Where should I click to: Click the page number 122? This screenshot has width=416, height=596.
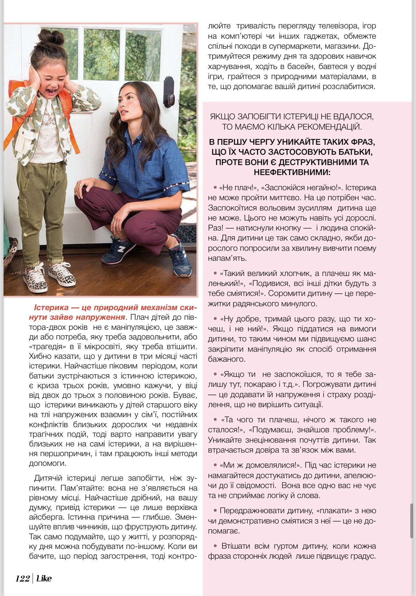coord(22,578)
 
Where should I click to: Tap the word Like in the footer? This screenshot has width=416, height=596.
coord(44,578)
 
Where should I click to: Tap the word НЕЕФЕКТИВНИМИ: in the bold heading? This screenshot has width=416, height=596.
coord(292,172)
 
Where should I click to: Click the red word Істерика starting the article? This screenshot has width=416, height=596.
coord(51,308)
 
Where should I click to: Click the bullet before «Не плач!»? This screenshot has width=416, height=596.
coord(215,188)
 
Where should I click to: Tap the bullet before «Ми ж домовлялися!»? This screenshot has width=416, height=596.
coord(215,465)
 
